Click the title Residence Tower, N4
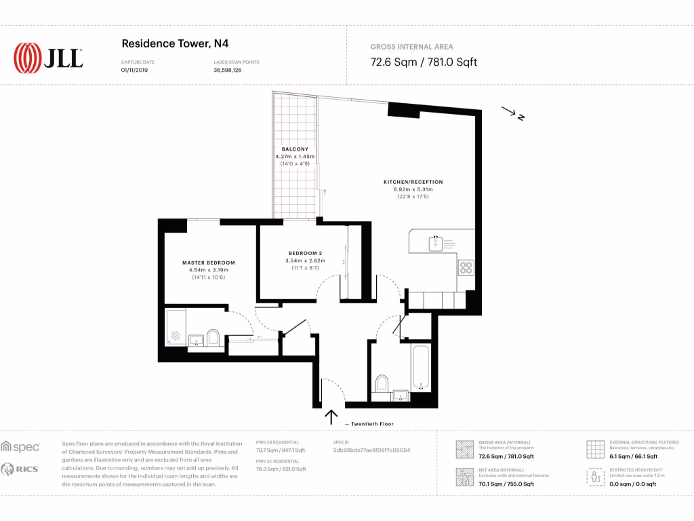174,43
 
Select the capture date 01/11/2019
133,70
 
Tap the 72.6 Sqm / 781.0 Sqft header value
424,62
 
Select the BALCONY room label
295,149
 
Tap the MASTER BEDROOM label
208,263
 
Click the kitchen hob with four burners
466,268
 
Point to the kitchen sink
436,241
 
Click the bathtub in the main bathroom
420,367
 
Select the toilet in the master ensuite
213,337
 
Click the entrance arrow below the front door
332,417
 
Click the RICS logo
20,469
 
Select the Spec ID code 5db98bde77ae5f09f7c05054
371,450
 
